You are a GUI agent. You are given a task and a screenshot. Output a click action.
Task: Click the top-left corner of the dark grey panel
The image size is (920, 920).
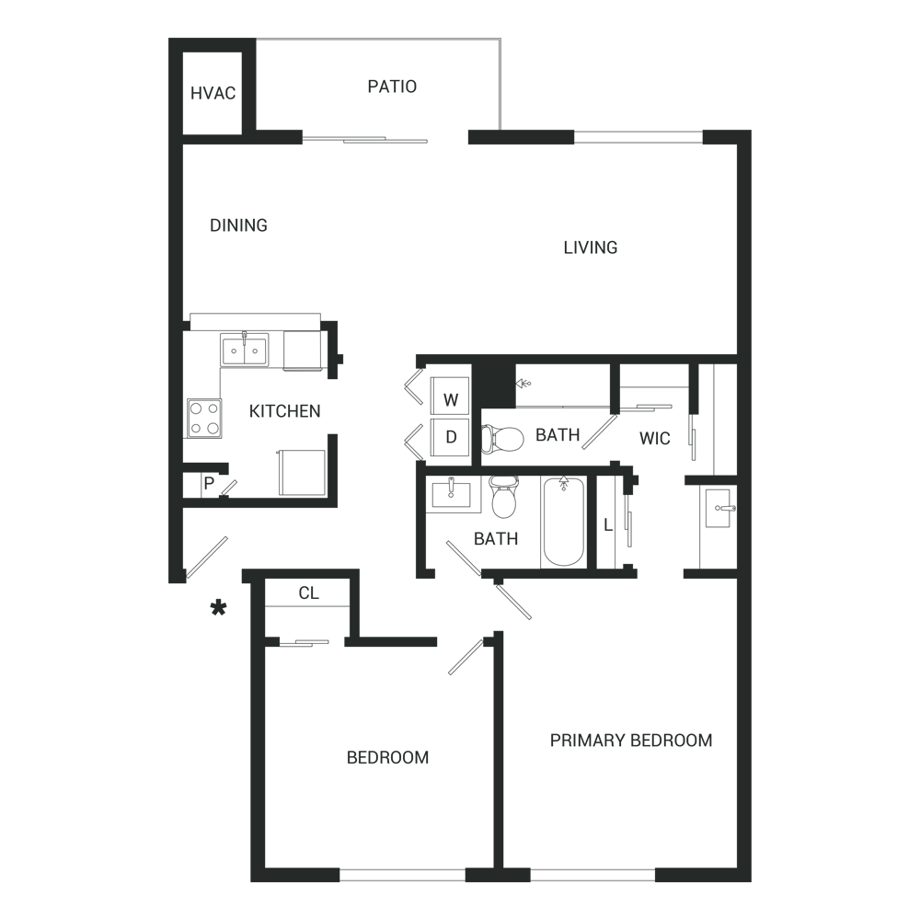(x=170, y=40)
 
